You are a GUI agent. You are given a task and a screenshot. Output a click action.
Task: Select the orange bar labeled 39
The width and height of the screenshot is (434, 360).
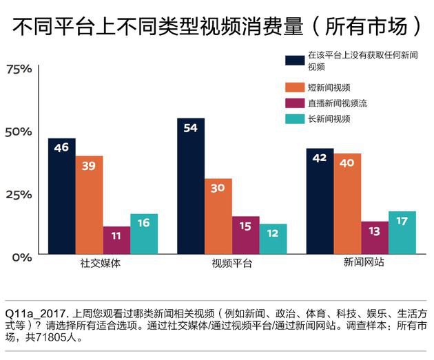pyautogui.click(x=90, y=206)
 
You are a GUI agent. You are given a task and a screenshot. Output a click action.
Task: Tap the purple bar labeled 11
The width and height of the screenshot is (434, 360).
pyautogui.click(x=116, y=241)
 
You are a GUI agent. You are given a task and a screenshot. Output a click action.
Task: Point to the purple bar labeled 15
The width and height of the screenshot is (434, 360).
pyautogui.click(x=246, y=236)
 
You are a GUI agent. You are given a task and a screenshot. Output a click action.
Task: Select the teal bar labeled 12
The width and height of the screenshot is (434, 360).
pyautogui.click(x=273, y=240)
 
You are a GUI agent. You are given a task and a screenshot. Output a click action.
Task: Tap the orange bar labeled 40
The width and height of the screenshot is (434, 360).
pyautogui.click(x=347, y=204)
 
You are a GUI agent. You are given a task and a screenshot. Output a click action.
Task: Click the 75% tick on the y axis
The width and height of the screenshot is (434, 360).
pyautogui.click(x=19, y=69)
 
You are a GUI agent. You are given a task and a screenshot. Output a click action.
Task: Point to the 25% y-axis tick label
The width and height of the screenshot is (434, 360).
pyautogui.click(x=19, y=194)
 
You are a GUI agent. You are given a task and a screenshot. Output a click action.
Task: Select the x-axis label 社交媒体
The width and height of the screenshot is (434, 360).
pyautogui.click(x=101, y=264)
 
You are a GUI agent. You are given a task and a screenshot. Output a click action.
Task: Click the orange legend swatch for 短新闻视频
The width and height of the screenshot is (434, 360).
pyautogui.click(x=295, y=87)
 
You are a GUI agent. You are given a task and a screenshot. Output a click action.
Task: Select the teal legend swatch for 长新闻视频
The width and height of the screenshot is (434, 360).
pyautogui.click(x=295, y=119)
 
